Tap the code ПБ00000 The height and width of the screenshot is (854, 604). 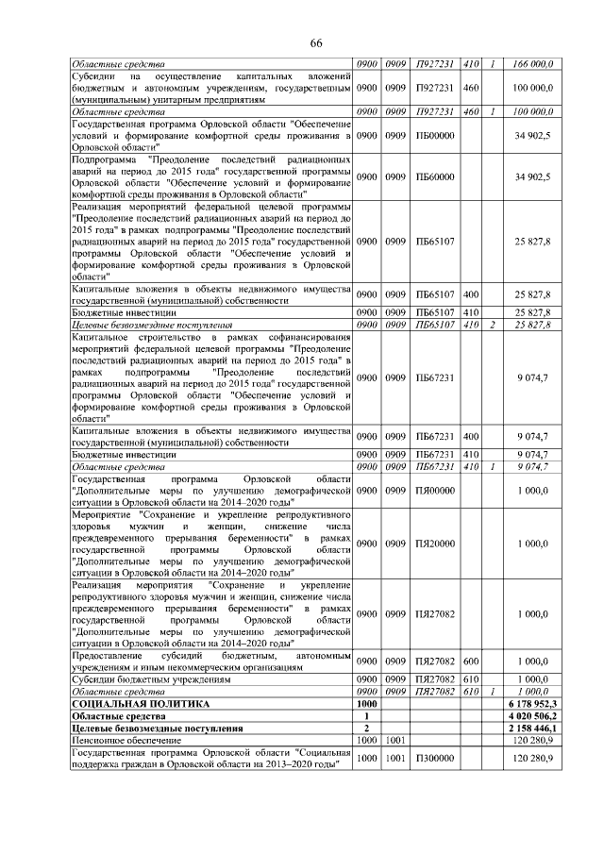(435, 137)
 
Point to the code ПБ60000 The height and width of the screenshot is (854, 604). (435, 176)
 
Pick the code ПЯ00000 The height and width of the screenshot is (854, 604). (435, 491)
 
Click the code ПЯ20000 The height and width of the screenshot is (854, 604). (435, 544)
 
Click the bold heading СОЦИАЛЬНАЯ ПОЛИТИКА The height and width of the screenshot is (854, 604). (140, 704)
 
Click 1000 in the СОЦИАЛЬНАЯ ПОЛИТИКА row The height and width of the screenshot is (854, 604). (366, 704)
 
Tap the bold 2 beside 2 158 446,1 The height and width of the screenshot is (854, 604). (366, 728)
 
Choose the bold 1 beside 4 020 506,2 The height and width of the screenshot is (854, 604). (366, 716)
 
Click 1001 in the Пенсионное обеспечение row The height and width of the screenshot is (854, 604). (394, 741)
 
